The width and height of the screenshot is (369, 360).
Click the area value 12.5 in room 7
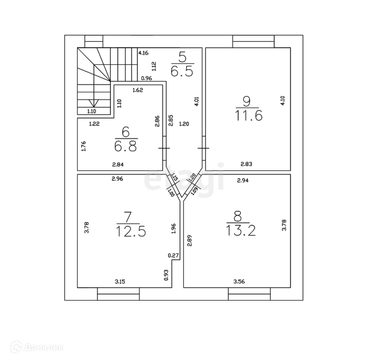(131, 231)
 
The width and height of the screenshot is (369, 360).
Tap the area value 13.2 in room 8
(241, 230)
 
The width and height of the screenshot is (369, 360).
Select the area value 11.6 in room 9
(249, 116)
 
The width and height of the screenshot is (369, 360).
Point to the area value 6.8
(126, 146)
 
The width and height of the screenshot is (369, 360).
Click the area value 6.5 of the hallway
(182, 71)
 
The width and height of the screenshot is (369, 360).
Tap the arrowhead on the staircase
(94, 103)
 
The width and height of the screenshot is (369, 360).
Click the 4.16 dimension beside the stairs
(143, 53)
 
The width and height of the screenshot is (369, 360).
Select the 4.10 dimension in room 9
(283, 101)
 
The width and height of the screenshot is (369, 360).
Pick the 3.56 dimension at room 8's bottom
(239, 281)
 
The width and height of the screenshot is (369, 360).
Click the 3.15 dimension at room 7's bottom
(120, 281)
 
